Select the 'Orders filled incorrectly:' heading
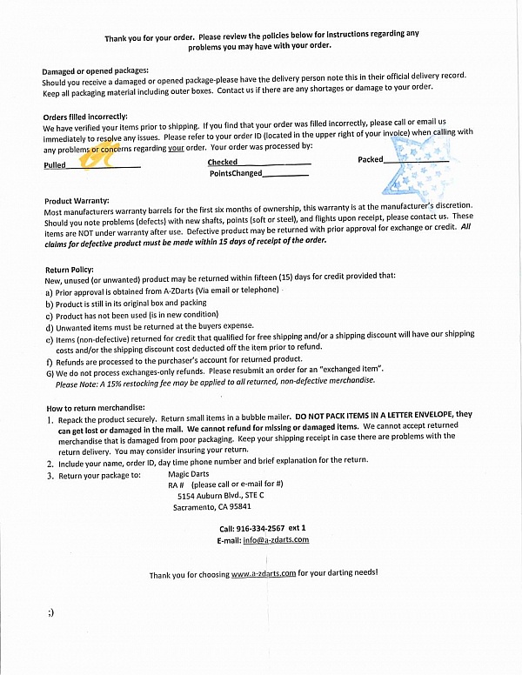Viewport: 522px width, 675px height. pos(85,117)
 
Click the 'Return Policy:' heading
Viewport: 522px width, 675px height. pos(68,270)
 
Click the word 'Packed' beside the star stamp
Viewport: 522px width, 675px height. pos(370,160)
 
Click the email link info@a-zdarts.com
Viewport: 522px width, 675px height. pos(276,540)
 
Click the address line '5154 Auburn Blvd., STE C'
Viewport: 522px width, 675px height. pos(220,496)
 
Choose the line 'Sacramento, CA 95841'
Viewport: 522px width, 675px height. pos(212,507)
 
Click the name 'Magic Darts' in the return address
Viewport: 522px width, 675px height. pos(190,474)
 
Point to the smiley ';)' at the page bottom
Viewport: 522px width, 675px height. pos(51,613)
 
